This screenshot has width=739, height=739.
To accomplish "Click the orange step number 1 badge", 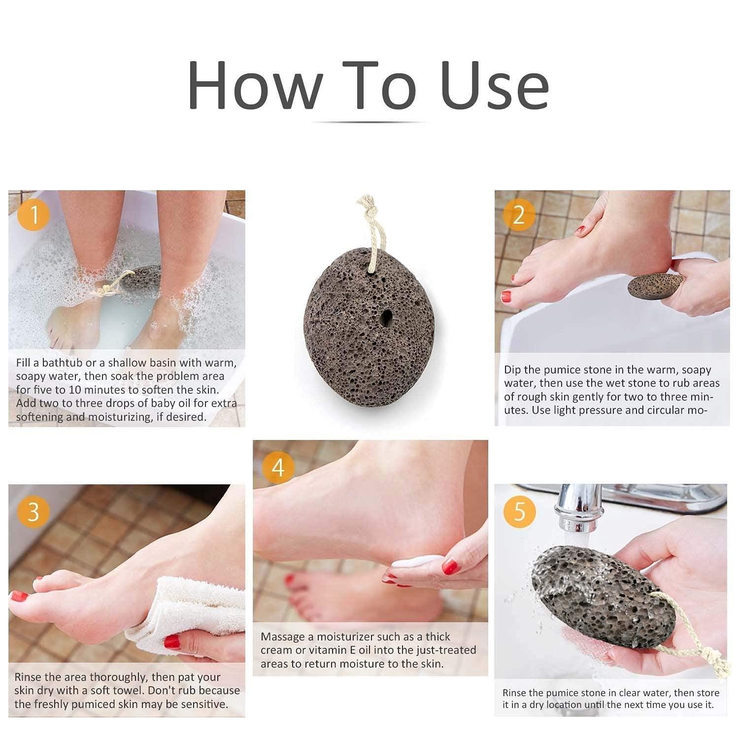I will tap(34, 215).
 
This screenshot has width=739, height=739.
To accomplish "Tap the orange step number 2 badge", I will tap(519, 215).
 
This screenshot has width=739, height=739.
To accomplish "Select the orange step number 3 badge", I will tap(33, 512).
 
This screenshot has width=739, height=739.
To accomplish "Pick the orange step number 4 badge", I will tap(278, 467).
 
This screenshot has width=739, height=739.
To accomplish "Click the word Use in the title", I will tap(494, 85).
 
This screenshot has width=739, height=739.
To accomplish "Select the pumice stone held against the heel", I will tap(655, 286).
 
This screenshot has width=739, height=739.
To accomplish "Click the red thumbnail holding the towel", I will tap(172, 641).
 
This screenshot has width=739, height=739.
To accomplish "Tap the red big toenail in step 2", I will tap(506, 297).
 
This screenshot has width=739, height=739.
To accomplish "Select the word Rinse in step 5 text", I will tap(514, 693).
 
